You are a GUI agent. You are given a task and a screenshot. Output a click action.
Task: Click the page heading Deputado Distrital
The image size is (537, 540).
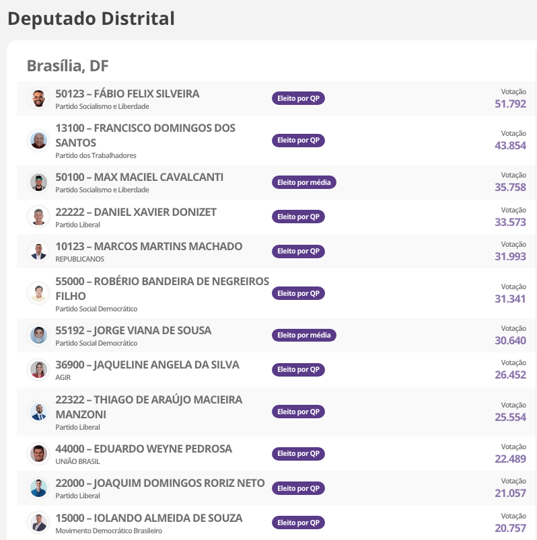[91, 19]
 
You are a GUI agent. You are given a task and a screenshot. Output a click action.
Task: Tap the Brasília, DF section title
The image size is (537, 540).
[67, 66]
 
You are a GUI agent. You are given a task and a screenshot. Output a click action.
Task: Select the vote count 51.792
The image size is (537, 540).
[510, 104]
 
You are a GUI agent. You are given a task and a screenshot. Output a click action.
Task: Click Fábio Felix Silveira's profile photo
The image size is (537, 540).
[39, 98]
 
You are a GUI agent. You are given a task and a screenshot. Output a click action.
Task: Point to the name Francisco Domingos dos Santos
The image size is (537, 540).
[145, 135]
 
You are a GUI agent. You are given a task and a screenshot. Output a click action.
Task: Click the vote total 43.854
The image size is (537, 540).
[510, 145]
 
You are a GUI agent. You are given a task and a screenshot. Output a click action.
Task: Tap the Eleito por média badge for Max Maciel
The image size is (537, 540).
[303, 182]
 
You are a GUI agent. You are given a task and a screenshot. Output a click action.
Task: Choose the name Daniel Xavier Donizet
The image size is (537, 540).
[136, 212]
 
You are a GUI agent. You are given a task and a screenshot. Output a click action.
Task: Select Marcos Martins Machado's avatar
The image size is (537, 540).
[39, 252]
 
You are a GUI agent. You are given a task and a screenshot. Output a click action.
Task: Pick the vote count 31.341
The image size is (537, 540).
[510, 299]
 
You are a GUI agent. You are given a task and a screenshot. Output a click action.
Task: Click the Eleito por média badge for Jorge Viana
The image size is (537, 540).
[303, 335]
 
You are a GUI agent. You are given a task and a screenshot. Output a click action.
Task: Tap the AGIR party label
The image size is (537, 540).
[63, 377]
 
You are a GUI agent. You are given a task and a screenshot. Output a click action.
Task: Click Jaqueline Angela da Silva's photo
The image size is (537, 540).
[39, 370]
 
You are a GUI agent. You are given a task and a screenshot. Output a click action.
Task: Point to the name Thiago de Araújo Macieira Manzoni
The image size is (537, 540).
[149, 407]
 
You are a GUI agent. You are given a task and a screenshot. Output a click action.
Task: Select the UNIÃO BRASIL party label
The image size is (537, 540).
[76, 461]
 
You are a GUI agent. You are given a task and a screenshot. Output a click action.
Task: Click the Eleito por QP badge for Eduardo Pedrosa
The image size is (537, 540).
[298, 454]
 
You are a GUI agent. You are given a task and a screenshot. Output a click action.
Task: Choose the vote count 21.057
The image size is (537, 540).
[510, 493]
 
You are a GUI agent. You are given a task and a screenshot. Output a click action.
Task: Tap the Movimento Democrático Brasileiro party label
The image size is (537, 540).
[108, 531]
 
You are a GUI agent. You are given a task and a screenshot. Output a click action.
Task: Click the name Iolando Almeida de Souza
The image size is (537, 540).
[149, 518]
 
